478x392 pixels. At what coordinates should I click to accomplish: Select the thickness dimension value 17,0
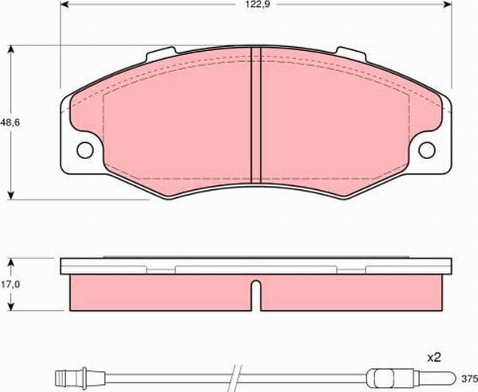click(x=10, y=284)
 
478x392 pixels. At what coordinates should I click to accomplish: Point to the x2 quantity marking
click(x=434, y=359)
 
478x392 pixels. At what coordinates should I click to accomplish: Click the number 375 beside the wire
click(x=468, y=378)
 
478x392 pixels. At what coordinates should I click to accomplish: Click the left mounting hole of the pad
click(x=84, y=149)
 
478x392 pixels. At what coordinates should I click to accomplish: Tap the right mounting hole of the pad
click(x=429, y=149)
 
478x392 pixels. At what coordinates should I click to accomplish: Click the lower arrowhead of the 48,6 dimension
click(x=10, y=196)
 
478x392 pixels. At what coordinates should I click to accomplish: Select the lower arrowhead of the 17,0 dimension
click(x=10, y=308)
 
